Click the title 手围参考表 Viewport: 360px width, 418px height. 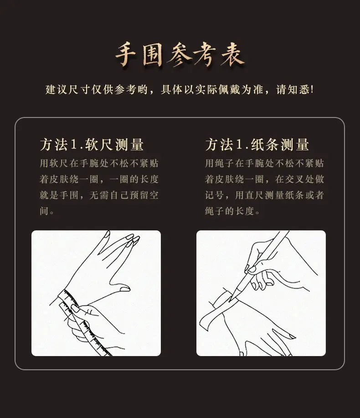(x=180, y=55)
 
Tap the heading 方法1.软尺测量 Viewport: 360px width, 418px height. (x=92, y=145)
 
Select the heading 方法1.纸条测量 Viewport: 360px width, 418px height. (x=257, y=145)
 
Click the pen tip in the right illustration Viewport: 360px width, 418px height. (x=230, y=301)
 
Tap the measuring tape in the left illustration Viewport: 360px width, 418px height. (x=82, y=322)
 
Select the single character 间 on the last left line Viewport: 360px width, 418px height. (x=44, y=211)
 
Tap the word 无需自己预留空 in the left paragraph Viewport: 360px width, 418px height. (x=124, y=195)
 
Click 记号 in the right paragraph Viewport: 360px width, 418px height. (x=214, y=195)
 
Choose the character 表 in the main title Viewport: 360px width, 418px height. (x=233, y=55)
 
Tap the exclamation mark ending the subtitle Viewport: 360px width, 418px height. (x=312, y=90)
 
